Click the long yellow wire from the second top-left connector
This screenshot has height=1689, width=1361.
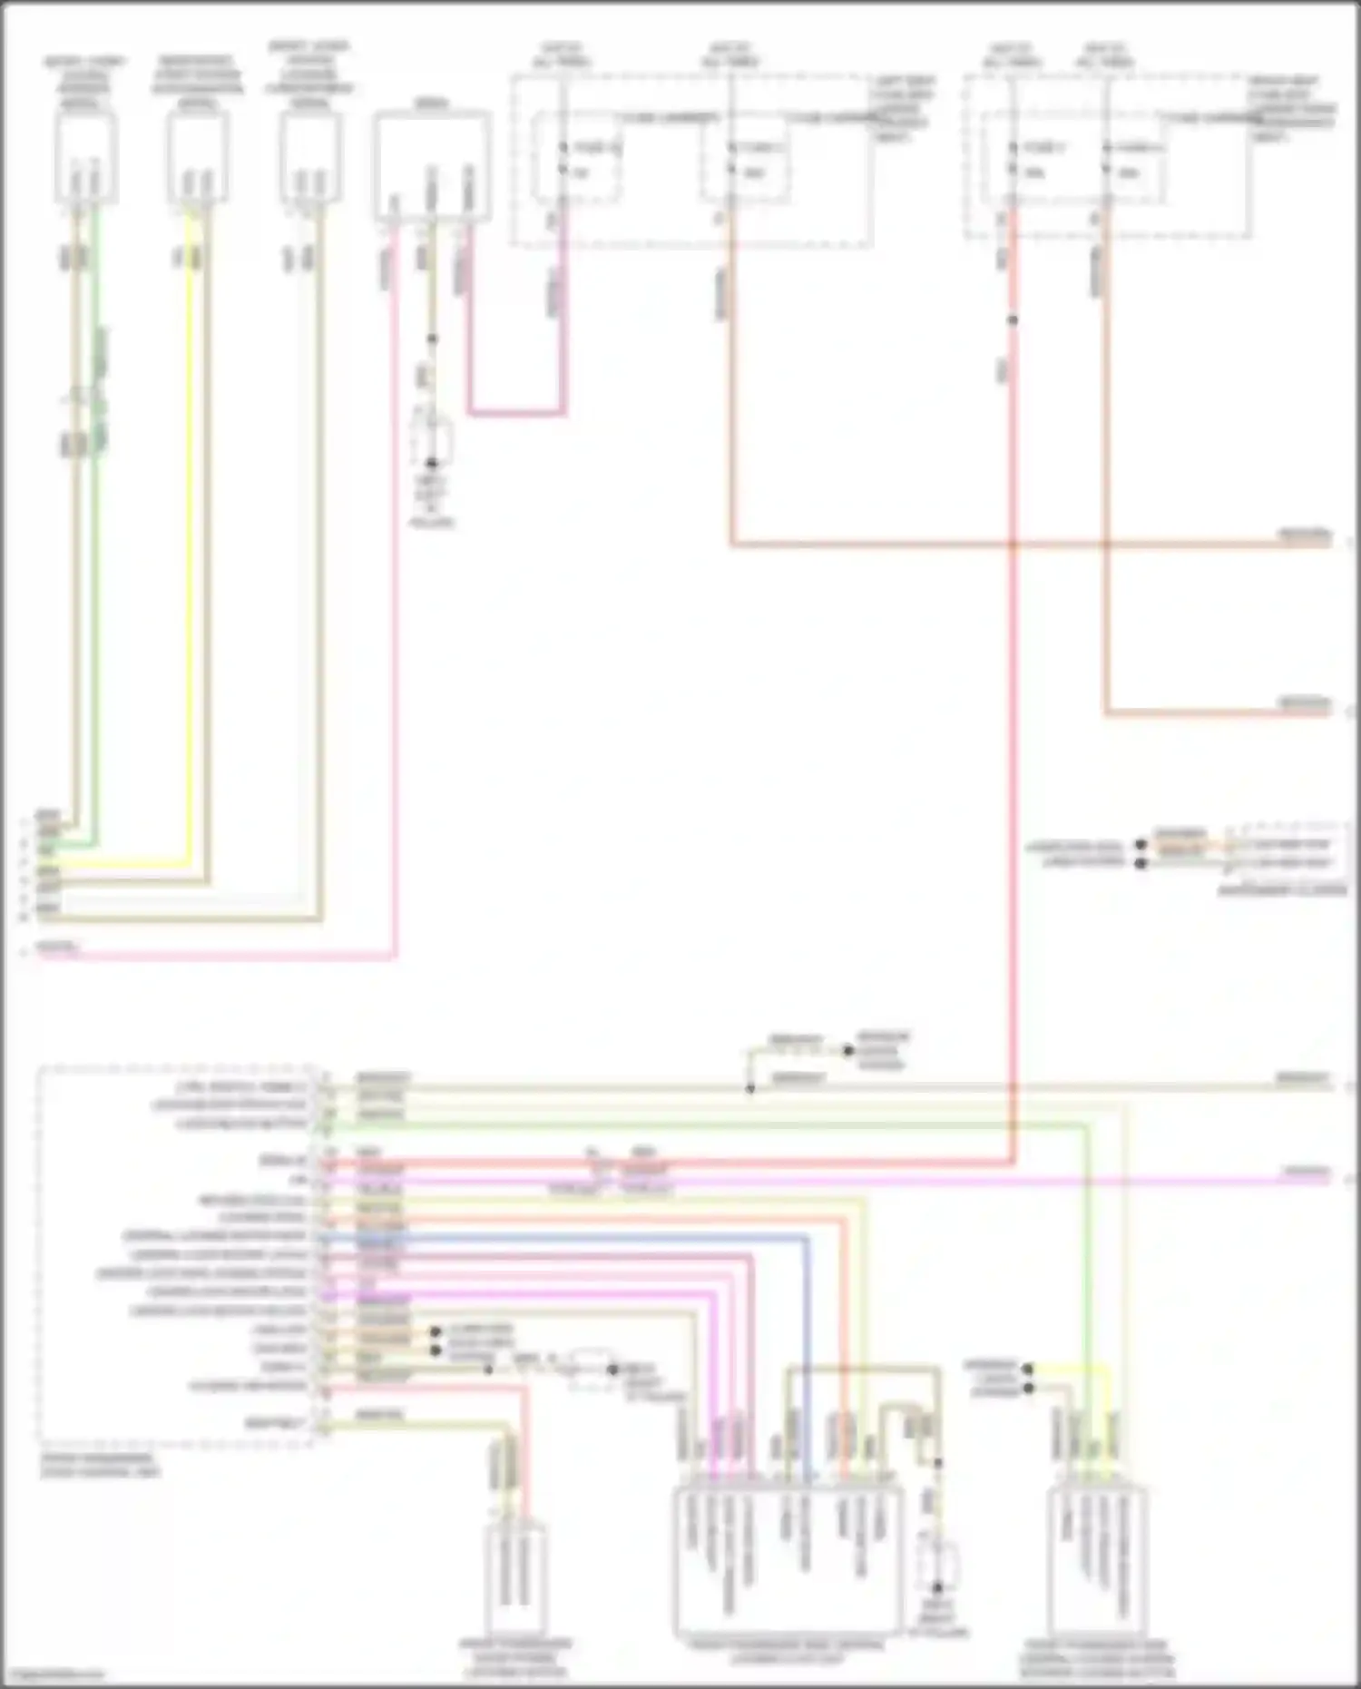coord(189,545)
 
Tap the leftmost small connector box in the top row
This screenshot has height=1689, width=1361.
coord(85,160)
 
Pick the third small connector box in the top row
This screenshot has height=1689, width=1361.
coord(310,160)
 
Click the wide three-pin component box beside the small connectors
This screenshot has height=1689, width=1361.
coord(432,167)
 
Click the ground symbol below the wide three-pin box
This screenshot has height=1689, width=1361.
coord(432,443)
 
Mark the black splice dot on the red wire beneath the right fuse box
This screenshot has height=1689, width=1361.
coord(1013,320)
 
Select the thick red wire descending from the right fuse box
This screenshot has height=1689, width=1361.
coord(1013,726)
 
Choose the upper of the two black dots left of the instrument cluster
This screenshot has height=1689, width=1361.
coord(1141,844)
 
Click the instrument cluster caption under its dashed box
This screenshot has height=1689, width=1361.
coord(1281,890)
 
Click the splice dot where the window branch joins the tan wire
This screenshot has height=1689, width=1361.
coord(750,1088)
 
